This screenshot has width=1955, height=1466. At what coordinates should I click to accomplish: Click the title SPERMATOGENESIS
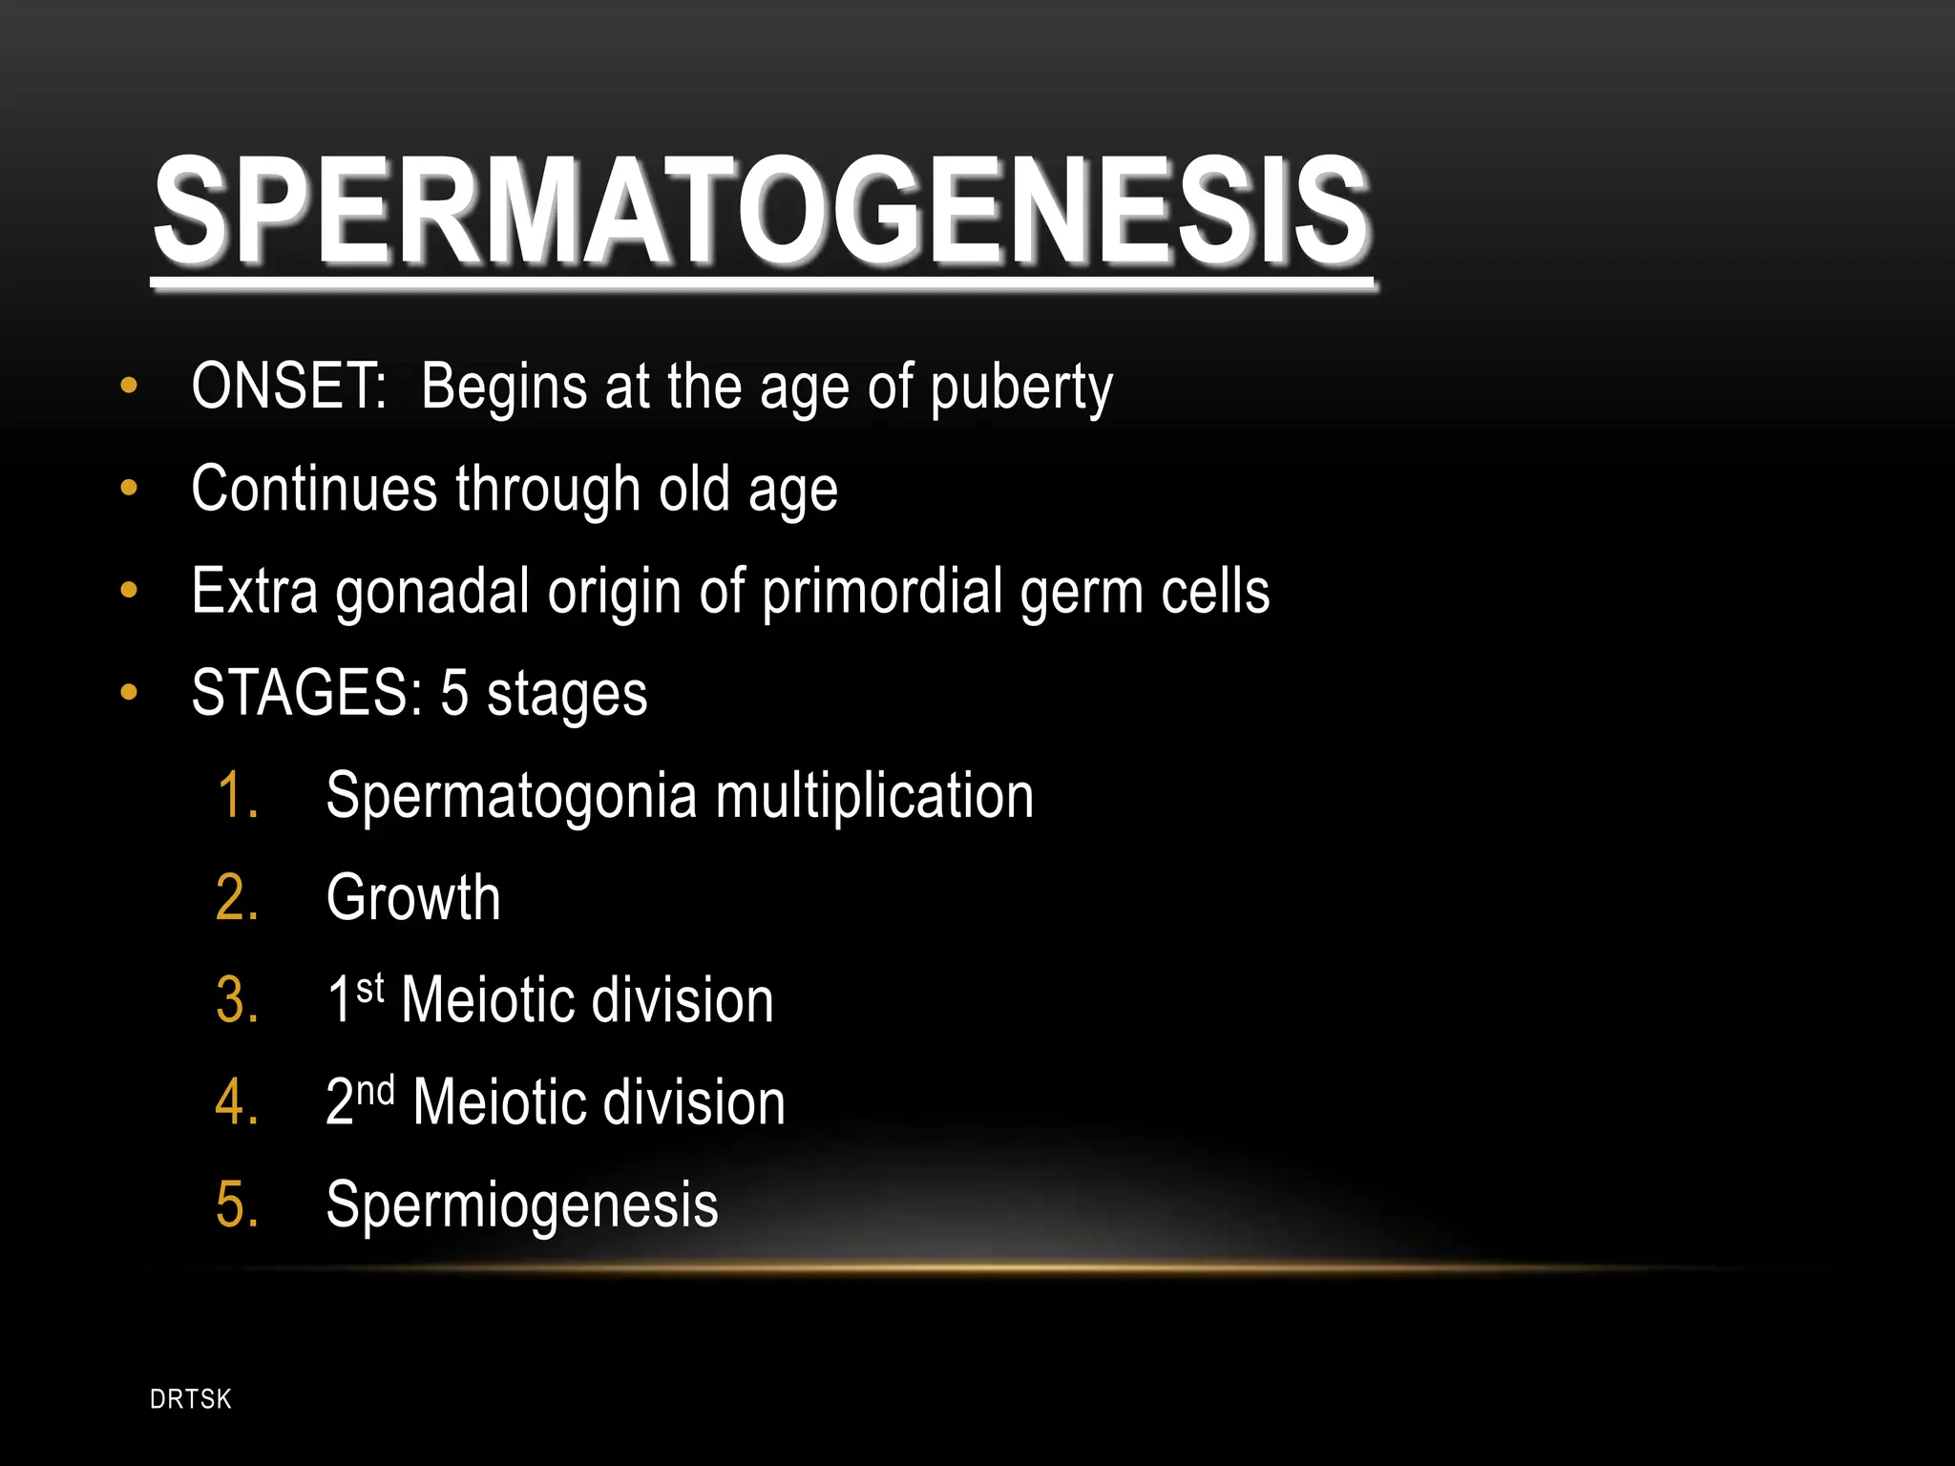point(762,212)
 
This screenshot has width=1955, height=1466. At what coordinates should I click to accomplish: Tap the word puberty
point(1020,389)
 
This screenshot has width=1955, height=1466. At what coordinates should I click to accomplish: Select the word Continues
point(313,489)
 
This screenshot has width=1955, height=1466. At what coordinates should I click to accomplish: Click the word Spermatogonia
point(512,796)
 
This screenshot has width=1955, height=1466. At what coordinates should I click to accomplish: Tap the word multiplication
point(874,796)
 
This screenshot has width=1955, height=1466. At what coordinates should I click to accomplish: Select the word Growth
point(413,898)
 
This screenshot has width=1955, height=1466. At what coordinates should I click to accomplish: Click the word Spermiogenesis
point(521,1204)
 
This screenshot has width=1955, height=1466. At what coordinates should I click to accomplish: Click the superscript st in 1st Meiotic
point(370,989)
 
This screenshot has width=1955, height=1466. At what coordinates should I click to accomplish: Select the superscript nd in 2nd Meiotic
point(375,1091)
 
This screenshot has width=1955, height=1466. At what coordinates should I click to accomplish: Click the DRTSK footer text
point(191,1399)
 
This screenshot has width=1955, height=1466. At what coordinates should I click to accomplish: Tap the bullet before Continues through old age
point(129,489)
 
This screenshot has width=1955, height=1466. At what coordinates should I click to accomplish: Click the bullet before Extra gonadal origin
point(129,591)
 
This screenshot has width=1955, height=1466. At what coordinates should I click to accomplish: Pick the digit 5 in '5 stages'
point(454,694)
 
